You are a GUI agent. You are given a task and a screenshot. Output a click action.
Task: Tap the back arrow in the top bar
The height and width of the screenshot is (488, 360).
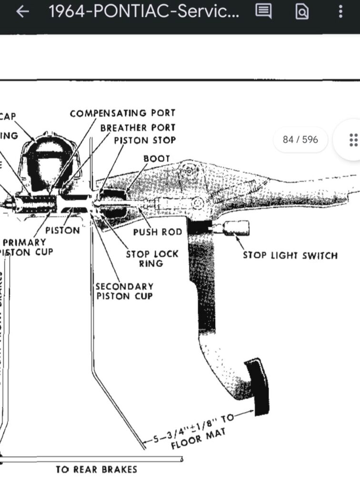[22, 12]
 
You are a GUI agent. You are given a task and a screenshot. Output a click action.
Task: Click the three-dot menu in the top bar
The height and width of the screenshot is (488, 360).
[340, 11]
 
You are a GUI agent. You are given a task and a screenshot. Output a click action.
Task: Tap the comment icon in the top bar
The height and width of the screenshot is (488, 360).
[263, 11]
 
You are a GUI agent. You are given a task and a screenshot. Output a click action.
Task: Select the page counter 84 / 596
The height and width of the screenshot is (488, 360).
[300, 140]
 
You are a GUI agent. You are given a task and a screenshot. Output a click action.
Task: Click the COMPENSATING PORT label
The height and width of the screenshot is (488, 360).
[123, 113]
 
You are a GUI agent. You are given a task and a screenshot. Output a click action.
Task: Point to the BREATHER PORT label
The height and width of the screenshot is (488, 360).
[138, 128]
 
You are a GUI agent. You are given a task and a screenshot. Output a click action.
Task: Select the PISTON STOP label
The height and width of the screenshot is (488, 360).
[145, 141]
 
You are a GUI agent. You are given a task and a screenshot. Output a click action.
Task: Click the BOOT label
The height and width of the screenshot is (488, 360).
[156, 158]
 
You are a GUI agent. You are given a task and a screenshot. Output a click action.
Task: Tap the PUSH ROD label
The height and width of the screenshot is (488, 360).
[158, 232]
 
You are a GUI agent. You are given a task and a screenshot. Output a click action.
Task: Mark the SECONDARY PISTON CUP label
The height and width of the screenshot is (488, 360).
[124, 291]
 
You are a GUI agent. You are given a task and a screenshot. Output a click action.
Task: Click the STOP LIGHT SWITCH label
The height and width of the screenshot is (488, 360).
[290, 255]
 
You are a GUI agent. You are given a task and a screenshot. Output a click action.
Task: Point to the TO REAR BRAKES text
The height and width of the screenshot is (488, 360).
[96, 469]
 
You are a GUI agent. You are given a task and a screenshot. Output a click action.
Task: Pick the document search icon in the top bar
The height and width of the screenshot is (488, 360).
[302, 11]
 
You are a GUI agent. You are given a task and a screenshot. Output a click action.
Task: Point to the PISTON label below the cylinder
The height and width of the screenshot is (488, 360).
[63, 230]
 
